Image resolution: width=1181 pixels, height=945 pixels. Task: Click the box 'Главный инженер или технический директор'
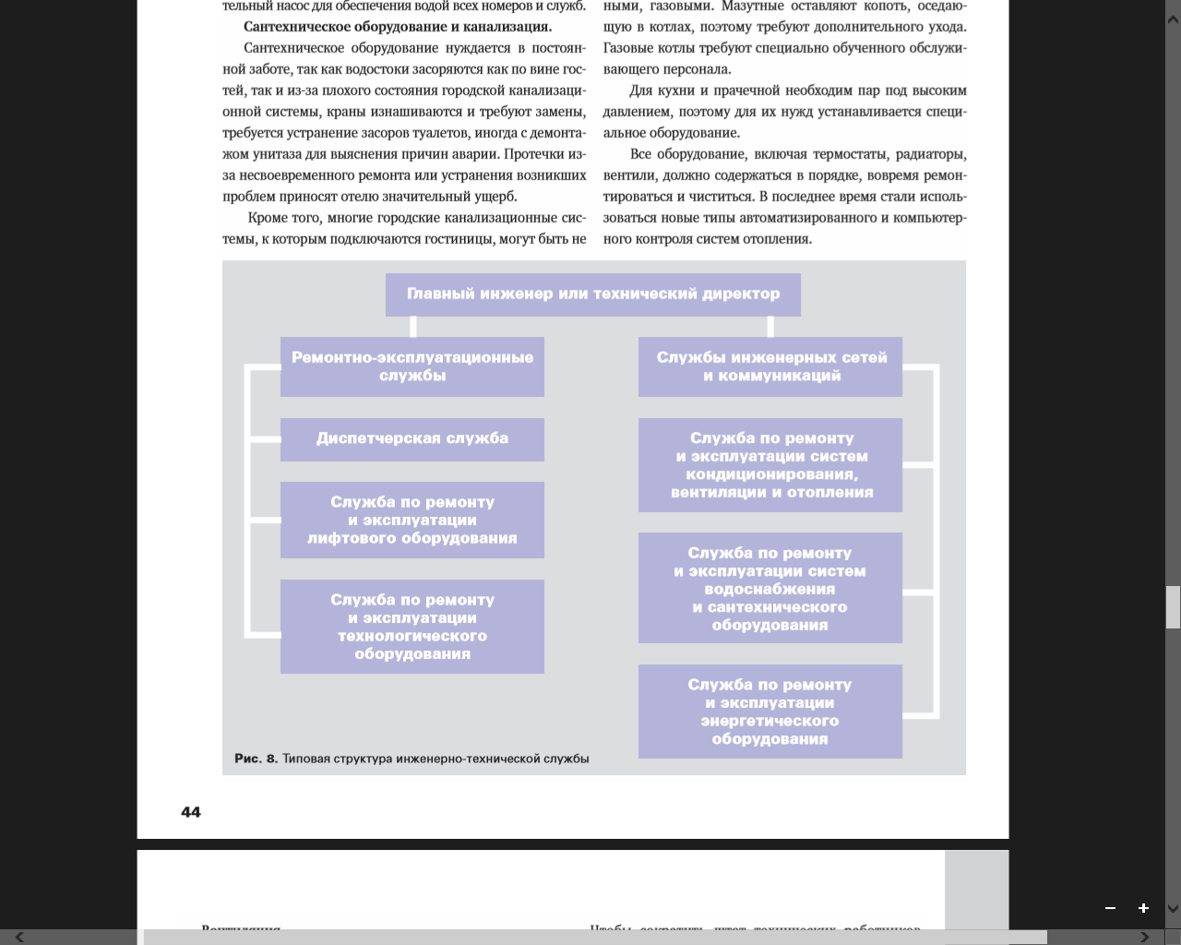pos(592,294)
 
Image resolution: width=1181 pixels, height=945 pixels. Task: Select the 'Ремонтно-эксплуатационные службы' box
pos(412,366)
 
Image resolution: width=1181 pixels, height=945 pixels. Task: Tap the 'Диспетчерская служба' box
pos(412,439)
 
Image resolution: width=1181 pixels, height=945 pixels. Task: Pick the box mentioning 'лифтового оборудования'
pos(412,520)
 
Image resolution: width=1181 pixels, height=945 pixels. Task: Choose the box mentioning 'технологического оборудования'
pos(412,627)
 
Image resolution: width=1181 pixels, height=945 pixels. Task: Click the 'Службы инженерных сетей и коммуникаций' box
pos(770,366)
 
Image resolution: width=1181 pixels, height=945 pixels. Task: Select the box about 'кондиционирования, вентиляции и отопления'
pos(770,465)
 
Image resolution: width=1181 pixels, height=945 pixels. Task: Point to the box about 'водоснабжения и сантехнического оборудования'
pos(770,589)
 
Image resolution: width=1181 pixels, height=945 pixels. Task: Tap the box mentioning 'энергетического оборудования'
pos(770,712)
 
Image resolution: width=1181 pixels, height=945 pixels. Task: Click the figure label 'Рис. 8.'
pos(256,759)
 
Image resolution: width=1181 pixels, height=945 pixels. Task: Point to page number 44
pos(191,812)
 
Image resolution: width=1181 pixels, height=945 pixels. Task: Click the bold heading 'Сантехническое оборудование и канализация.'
pos(398,27)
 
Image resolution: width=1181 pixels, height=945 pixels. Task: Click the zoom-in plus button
pos(1143,908)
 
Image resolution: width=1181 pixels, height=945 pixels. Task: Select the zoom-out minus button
pos(1111,908)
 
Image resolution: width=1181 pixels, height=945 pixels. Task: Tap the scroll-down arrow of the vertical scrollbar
pos(1173,909)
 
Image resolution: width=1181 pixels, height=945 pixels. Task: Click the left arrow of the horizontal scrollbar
pos(19,938)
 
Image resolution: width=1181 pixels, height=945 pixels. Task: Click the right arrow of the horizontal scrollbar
pos(1145,938)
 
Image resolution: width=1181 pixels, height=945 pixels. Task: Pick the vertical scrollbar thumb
pos(1173,607)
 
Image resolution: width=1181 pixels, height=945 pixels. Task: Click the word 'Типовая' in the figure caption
pos(306,759)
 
